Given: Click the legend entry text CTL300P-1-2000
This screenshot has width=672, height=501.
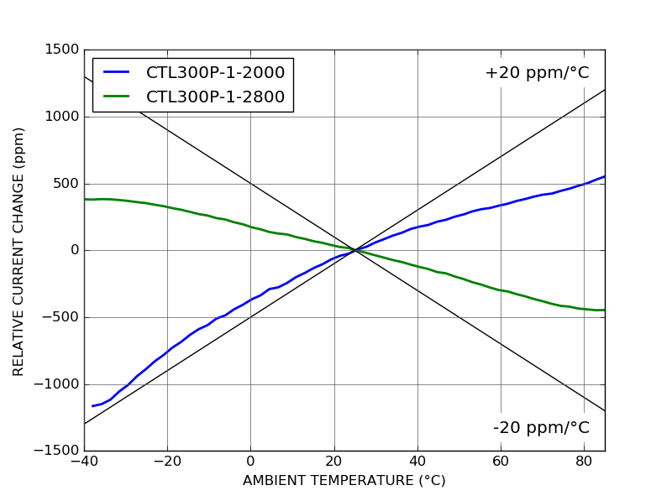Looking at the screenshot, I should [215, 73].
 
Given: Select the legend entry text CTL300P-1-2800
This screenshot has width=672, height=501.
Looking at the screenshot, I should [215, 97].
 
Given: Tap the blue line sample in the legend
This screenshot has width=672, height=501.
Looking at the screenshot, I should [117, 73].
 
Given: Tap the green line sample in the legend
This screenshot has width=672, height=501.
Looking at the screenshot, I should [117, 97].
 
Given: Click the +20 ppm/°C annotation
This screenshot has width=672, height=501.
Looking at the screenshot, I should [537, 73].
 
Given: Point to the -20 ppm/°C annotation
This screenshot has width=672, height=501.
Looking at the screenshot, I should [541, 428].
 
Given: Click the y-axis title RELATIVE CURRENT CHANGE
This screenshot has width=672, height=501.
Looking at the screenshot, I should [19, 251].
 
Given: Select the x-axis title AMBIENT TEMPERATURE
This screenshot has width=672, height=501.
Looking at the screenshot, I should [344, 481].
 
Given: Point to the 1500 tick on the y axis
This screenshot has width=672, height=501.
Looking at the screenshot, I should [63, 50].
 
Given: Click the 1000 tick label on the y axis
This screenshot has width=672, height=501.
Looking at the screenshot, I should [63, 117].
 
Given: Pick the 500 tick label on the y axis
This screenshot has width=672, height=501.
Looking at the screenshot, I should [67, 184].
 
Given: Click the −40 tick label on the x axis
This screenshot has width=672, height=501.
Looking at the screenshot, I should [83, 462].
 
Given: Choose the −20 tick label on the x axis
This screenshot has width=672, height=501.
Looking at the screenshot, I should [166, 462].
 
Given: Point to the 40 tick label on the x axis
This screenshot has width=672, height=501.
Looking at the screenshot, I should [417, 462].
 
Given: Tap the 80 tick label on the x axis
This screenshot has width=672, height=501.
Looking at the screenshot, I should [584, 462].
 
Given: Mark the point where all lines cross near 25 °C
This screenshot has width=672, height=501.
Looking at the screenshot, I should [354, 250].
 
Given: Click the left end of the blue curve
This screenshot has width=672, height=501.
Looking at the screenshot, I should [92, 406].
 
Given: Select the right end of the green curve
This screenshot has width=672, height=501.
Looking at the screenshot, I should [604, 310].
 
